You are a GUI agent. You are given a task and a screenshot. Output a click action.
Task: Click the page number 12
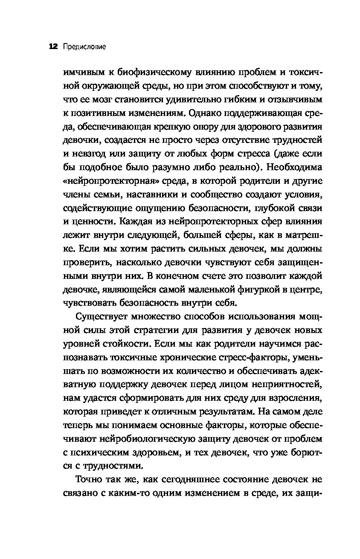tap(53, 46)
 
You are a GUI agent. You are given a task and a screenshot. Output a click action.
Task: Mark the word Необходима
tap(293, 168)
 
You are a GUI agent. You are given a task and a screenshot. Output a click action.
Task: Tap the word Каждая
tap(136, 222)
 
